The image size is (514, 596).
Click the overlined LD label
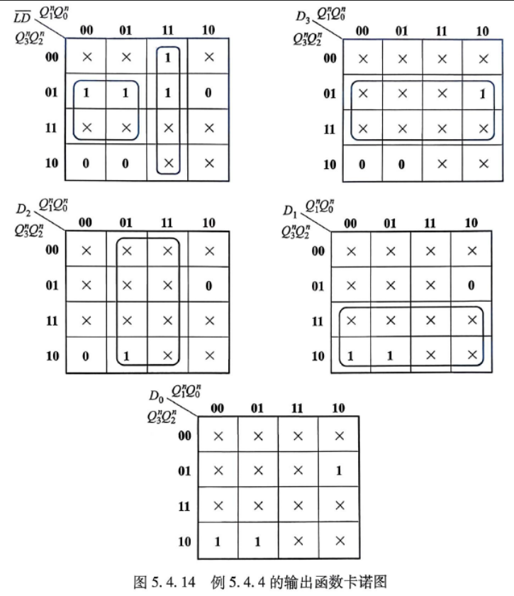tap(22, 18)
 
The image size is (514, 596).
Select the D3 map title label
tap(303, 17)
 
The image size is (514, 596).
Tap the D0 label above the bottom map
tap(156, 396)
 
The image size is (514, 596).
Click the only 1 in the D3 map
tap(483, 94)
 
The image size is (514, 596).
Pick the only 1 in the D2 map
tap(126, 356)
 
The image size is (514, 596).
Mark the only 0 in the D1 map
tap(471, 285)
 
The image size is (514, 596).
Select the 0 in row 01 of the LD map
tap(208, 93)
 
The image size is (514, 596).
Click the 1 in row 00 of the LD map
tap(167, 57)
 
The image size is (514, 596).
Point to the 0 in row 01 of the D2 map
tap(208, 286)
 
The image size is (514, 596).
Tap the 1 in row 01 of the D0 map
tap(339, 471)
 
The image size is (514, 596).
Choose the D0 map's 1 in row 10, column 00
tap(218, 541)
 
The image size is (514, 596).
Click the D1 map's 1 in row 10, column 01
tap(390, 355)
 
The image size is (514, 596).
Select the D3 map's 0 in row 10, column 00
tap(362, 164)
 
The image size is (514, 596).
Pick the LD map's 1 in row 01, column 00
tap(86, 93)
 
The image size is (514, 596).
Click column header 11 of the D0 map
tap(297, 408)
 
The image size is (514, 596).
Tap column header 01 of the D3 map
tap(401, 31)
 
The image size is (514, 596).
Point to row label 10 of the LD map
tap(52, 163)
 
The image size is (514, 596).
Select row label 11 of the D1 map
tap(318, 321)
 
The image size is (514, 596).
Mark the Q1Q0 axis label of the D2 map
tap(53, 205)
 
